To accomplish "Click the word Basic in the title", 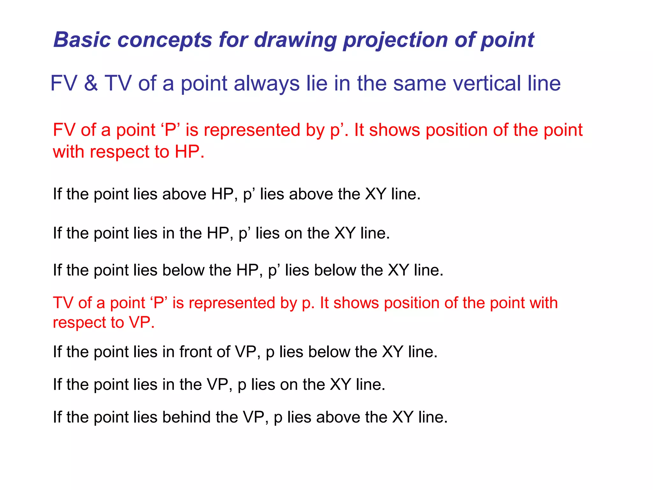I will (82, 40).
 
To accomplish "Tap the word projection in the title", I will (395, 41).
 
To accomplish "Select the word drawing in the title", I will (295, 41).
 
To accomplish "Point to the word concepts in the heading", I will (165, 41).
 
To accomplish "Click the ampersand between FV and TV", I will (91, 83).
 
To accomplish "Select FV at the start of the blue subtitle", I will (64, 83).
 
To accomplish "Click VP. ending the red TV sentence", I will (142, 323).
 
